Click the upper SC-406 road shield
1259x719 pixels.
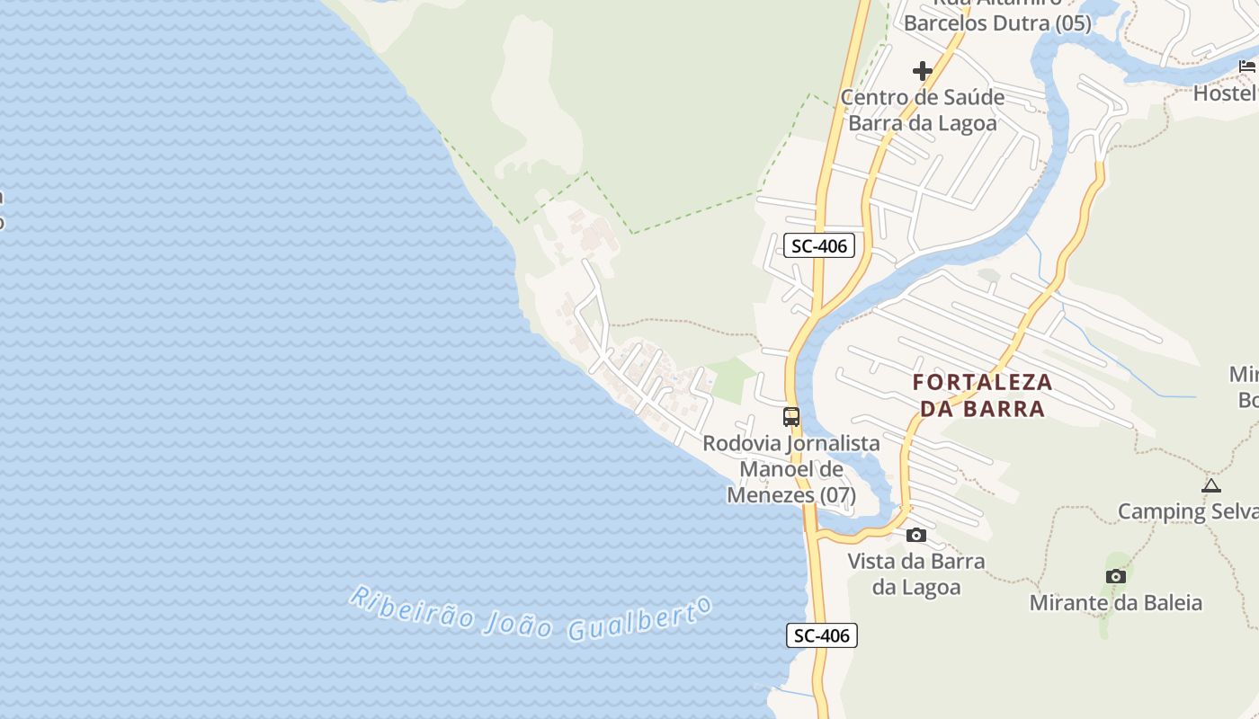point(818,245)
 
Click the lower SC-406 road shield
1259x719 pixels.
point(822,635)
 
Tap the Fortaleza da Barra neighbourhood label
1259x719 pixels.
point(982,395)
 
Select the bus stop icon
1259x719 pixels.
point(791,417)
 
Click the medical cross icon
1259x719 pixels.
point(922,71)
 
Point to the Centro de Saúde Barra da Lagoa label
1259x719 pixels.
point(923,110)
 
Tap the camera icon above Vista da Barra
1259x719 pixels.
point(916,536)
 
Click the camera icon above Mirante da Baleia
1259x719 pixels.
point(1116,577)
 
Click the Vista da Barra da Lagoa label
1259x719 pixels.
point(916,573)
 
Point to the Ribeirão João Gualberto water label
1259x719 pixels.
point(531,614)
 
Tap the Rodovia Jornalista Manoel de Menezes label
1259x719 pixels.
point(791,468)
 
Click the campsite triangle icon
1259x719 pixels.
point(1211,486)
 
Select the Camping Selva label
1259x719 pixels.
point(1187,511)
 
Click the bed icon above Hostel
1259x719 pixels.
point(1247,67)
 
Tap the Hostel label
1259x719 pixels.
point(1226,93)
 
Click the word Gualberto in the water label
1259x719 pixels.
point(639,620)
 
